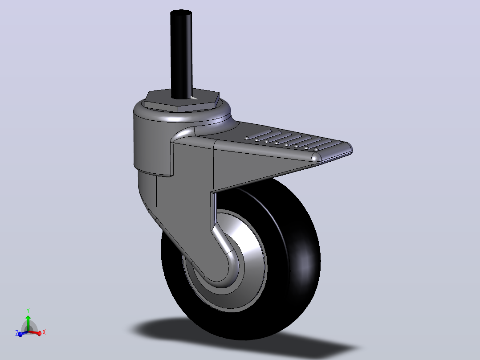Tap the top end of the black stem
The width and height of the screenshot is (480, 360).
point(181,13)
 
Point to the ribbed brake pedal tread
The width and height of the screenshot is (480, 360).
point(294,141)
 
